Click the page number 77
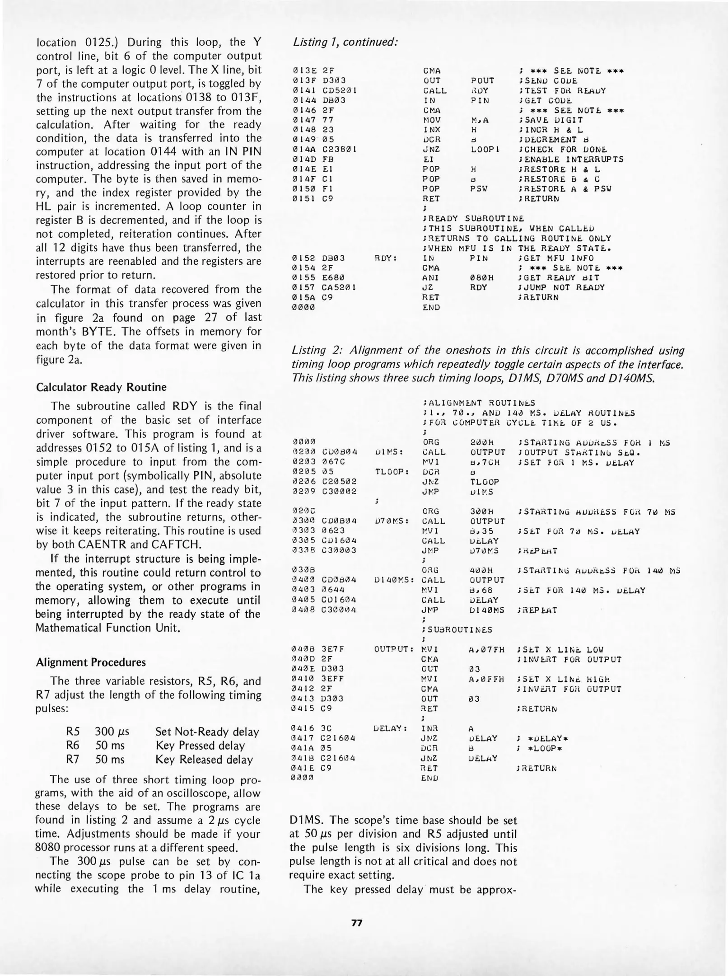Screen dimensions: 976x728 pyautogui.click(x=357, y=923)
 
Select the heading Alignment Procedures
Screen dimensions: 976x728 pyautogui.click(x=90, y=662)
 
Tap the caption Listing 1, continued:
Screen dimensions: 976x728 pyautogui.click(x=345, y=42)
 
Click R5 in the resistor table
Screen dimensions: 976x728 pyautogui.click(x=73, y=732)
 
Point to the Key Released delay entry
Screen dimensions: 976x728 pyautogui.click(x=204, y=760)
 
